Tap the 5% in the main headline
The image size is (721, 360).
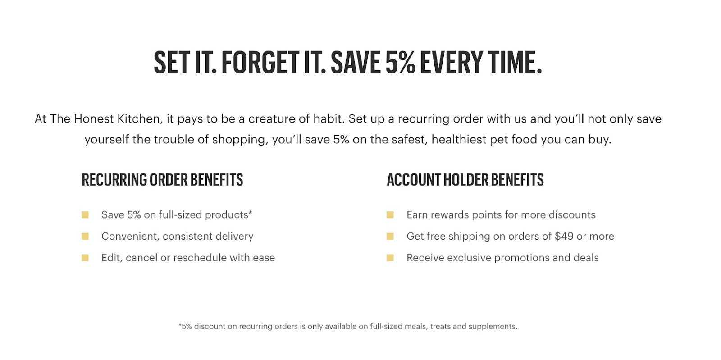(400, 63)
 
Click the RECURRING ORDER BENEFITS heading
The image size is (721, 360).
(162, 179)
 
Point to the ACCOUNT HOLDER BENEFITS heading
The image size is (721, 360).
(465, 179)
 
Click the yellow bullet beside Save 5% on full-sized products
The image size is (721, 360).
(85, 215)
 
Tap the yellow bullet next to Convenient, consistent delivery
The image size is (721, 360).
(85, 237)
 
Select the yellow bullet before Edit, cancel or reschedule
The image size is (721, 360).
(85, 258)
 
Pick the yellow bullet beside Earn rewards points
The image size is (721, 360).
(390, 215)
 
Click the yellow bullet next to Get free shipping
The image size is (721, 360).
(390, 237)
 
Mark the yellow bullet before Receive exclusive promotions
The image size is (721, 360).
(390, 258)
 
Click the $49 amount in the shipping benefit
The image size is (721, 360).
(564, 236)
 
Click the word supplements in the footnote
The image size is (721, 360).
(493, 327)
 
